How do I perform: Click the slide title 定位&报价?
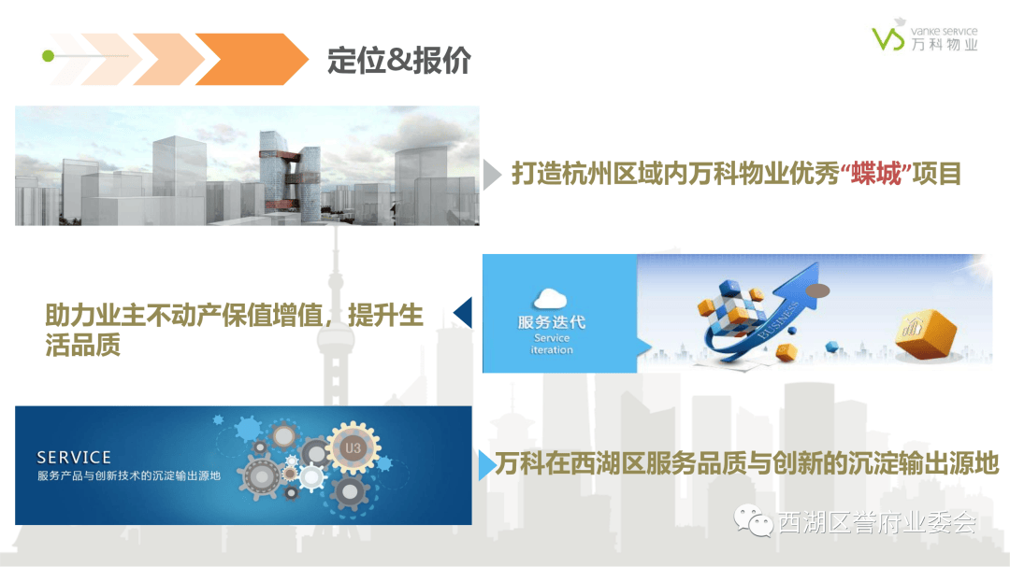pos(399,60)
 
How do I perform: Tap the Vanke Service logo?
pos(924,38)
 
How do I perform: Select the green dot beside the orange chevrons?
pos(48,57)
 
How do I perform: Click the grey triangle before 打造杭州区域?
pos(492,174)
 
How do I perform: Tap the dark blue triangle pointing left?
pos(463,313)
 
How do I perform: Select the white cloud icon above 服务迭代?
pos(551,299)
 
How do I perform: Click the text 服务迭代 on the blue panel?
pos(552,322)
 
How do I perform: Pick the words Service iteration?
pos(551,344)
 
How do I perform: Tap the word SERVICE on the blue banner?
pos(74,458)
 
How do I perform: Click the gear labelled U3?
pos(353,448)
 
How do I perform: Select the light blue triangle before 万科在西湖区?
pos(485,464)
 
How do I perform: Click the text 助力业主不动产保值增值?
pos(182,316)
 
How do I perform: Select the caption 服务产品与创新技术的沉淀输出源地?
pos(129,476)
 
